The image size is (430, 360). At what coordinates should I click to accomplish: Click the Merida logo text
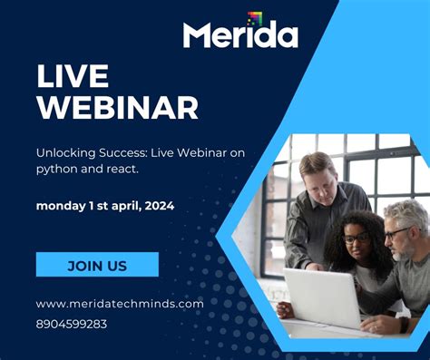coord(239,35)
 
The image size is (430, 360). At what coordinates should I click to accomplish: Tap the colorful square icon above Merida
coord(255,18)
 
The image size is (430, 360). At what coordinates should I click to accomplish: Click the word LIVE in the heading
coord(73,76)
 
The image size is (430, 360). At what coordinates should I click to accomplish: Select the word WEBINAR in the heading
coord(117,108)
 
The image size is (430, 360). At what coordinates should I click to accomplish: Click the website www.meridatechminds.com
coord(119,304)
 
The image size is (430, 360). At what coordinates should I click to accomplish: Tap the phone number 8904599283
coord(72,323)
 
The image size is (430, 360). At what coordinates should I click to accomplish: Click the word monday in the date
coord(59,206)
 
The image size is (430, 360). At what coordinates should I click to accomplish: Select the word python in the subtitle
coord(55,170)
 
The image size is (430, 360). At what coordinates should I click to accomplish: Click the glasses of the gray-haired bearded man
coord(396,233)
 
